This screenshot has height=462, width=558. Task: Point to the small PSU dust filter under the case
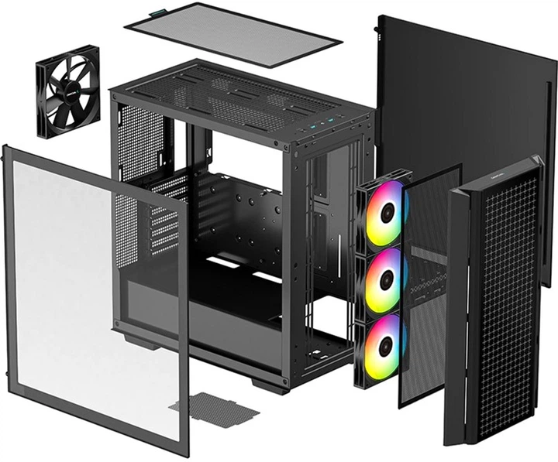pos(215,407)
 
